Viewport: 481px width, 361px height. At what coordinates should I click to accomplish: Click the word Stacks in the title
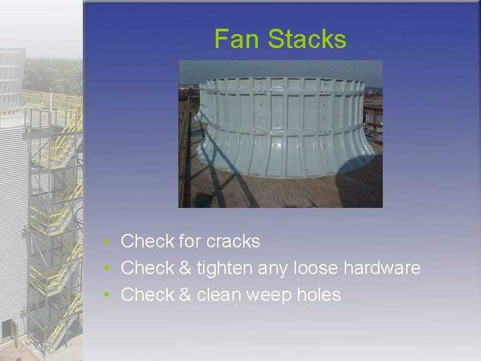point(307,39)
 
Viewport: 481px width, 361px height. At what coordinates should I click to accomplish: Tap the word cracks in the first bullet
point(233,241)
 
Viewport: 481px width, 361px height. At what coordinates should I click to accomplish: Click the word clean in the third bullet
point(219,295)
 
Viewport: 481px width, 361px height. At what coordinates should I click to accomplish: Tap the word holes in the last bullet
point(319,295)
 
